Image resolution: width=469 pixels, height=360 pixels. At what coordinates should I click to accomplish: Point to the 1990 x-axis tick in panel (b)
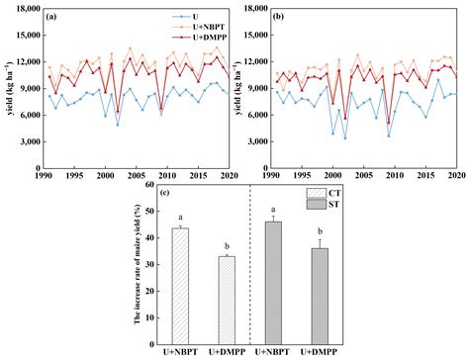[270, 175]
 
